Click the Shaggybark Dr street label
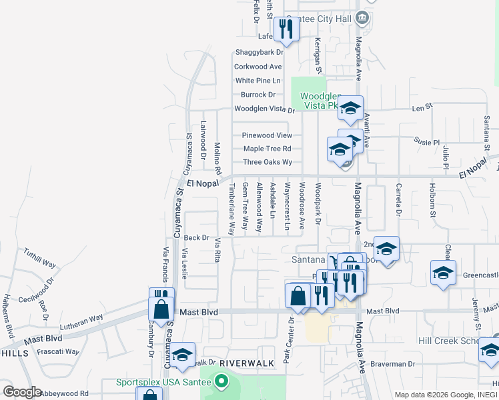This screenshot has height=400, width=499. tap(258, 53)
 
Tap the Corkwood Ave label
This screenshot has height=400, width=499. tap(258, 67)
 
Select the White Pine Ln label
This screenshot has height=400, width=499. tap(258, 81)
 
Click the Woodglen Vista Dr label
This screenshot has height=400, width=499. tap(264, 109)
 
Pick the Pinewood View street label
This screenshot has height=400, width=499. tap(267, 135)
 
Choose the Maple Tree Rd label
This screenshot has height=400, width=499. tap(267, 149)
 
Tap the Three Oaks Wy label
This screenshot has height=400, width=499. tap(268, 162)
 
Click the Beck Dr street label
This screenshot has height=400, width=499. tap(196, 237)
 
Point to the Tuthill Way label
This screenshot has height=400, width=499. tap(39, 258)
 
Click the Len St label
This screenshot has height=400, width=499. tap(418, 107)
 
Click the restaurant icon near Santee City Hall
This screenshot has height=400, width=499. tap(286, 29)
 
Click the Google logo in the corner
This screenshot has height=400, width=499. tap(21, 392)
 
